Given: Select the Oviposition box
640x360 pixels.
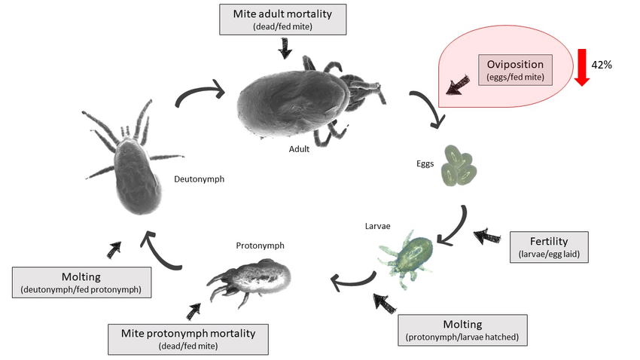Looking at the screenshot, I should [515, 69].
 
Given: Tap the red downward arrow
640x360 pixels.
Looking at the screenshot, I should [581, 66].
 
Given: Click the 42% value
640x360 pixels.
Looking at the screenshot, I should [602, 65].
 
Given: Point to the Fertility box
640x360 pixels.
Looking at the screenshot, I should [549, 248].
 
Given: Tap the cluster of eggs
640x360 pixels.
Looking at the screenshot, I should [460, 166].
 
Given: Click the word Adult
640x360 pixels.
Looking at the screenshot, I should [300, 149].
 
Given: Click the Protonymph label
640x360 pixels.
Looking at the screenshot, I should [261, 246].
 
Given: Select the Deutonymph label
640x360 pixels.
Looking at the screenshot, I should [199, 179].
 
